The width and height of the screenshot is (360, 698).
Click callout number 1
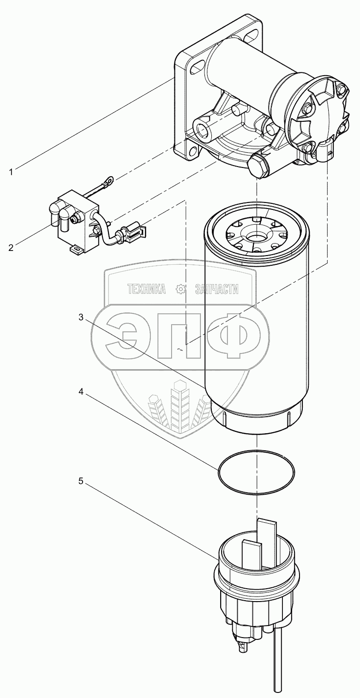pos(11,172)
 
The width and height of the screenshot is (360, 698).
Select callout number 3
pos(81,317)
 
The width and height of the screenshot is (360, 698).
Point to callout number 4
pos(81,392)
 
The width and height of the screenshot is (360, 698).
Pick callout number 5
pos(81,481)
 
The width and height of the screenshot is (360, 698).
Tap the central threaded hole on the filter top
pos(255,237)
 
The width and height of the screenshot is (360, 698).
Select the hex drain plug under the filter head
pos(258,166)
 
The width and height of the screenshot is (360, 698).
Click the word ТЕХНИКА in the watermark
pos(146,289)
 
